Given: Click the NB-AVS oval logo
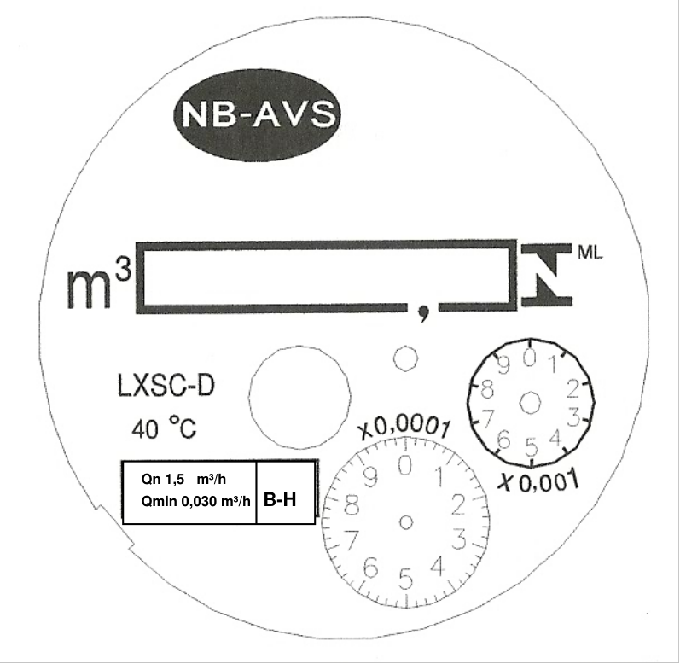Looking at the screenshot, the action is pyautogui.click(x=257, y=114).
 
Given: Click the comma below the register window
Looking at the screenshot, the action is pyautogui.click(x=423, y=312).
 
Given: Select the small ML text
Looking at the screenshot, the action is pyautogui.click(x=590, y=253).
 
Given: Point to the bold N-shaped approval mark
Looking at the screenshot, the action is pyautogui.click(x=547, y=275).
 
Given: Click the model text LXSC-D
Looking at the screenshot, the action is pyautogui.click(x=166, y=386).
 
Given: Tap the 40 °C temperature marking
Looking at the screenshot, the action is pyautogui.click(x=164, y=428).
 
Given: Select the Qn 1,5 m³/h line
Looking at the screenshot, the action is pyautogui.click(x=183, y=480).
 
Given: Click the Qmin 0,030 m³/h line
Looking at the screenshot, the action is pyautogui.click(x=195, y=501).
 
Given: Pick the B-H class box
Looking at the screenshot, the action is pyautogui.click(x=286, y=492).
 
